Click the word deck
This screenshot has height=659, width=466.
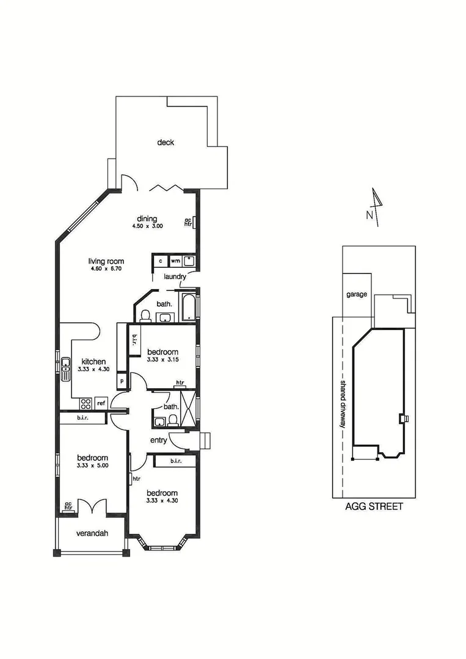pyautogui.click(x=166, y=143)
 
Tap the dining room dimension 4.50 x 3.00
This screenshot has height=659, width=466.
pyautogui.click(x=147, y=226)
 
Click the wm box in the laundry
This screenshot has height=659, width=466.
pyautogui.click(x=175, y=261)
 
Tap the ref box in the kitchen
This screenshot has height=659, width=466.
pyautogui.click(x=101, y=403)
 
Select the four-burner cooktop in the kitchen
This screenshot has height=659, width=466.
pyautogui.click(x=86, y=403)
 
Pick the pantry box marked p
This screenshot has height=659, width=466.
pyautogui.click(x=122, y=381)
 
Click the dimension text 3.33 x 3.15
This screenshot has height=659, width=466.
pyautogui.click(x=162, y=360)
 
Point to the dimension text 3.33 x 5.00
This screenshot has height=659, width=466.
pyautogui.click(x=92, y=466)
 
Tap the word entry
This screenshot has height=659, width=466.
pyautogui.click(x=159, y=440)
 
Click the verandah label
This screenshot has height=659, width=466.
pyautogui.click(x=92, y=533)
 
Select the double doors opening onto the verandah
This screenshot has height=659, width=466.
pyautogui.click(x=92, y=506)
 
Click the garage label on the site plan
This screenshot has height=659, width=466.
pyautogui.click(x=357, y=294)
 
